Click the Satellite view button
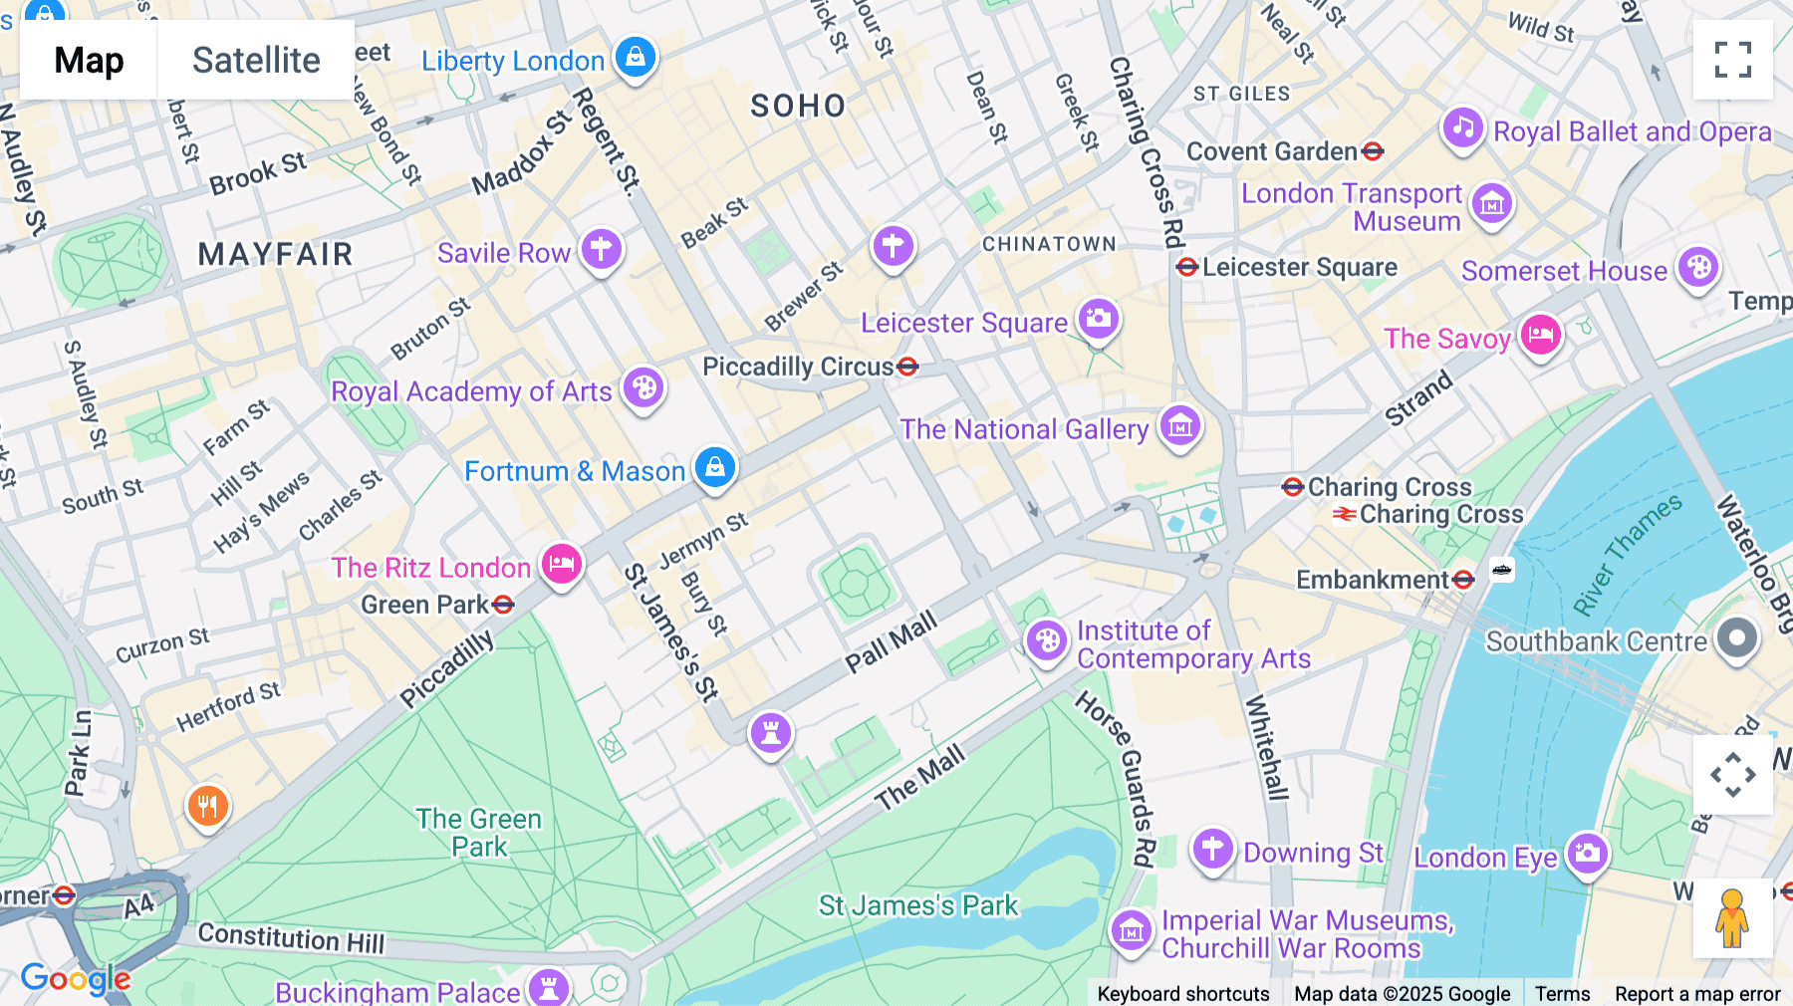256,60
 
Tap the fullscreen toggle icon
1732,60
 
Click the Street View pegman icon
1732,918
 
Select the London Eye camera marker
1587,853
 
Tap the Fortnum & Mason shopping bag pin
714,466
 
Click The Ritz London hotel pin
562,564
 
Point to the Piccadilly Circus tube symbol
907,367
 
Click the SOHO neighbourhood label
798,106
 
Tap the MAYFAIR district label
275,254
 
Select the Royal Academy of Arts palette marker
643,387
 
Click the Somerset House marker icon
1698,267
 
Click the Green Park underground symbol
504,604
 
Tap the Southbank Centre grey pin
1737,637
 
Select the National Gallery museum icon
1180,426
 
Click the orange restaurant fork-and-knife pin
207,805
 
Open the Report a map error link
1696,994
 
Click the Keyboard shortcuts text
1182,994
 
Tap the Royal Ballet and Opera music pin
1462,127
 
